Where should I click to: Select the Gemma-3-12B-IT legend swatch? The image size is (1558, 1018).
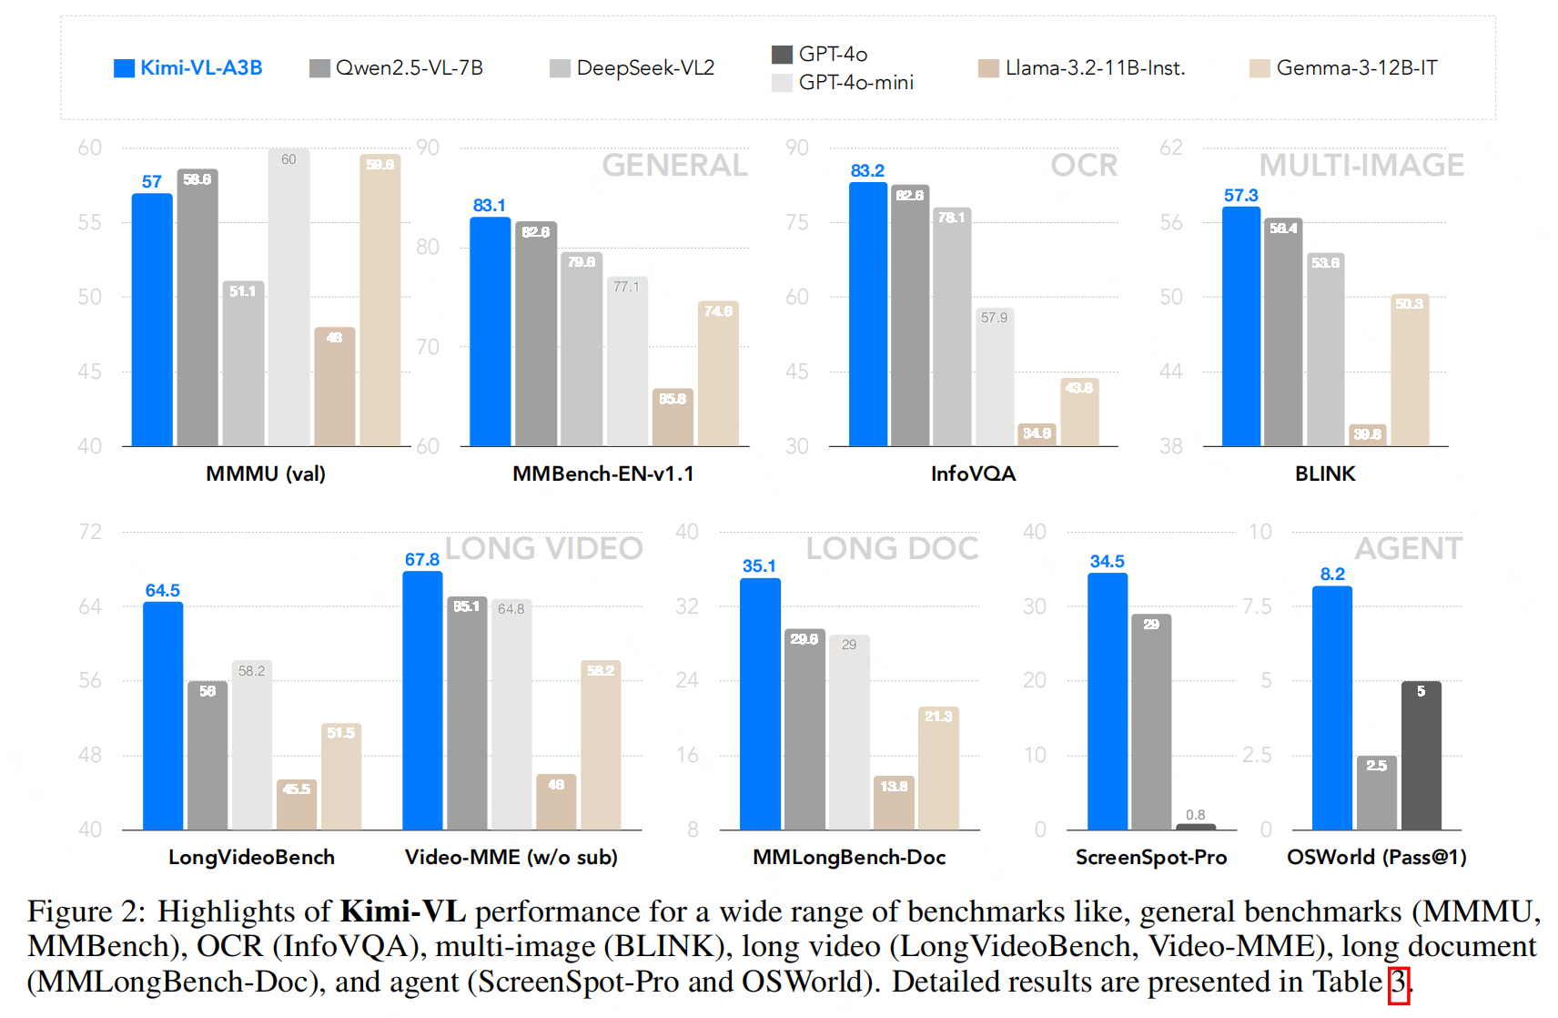point(1260,68)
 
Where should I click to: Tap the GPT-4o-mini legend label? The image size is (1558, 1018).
point(855,83)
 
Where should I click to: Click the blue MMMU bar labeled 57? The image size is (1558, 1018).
point(152,319)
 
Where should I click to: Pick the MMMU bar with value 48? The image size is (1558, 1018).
point(334,387)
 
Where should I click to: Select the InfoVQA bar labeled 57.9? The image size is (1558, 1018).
point(994,377)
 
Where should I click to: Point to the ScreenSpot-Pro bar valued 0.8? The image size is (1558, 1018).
point(1195,826)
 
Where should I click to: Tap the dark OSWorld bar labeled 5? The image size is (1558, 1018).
point(1421,756)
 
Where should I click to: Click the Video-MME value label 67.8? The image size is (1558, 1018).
point(422,559)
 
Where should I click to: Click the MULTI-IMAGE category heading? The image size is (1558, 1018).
point(1361,165)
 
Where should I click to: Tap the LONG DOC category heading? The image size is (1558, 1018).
point(892,548)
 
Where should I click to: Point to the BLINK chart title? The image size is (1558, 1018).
point(1325,473)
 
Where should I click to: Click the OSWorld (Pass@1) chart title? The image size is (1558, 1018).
point(1376,857)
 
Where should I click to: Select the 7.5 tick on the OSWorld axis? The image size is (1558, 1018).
point(1257,606)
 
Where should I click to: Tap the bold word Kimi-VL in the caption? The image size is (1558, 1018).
point(403,911)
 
